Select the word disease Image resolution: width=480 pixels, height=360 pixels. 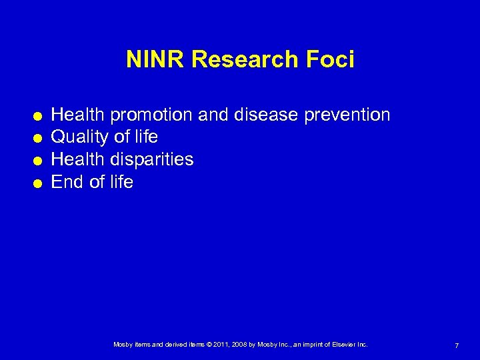(266, 115)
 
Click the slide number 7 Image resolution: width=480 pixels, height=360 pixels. (456, 345)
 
